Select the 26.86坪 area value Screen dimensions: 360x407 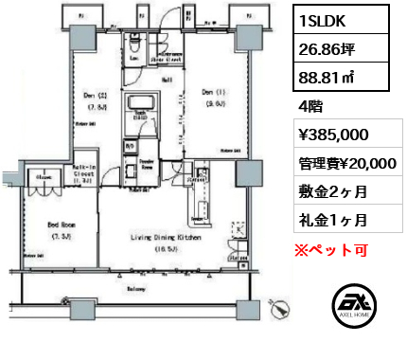pyautogui.click(x=320, y=45)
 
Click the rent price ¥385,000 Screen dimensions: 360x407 pyautogui.click(x=327, y=135)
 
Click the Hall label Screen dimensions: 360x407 pyautogui.click(x=166, y=81)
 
